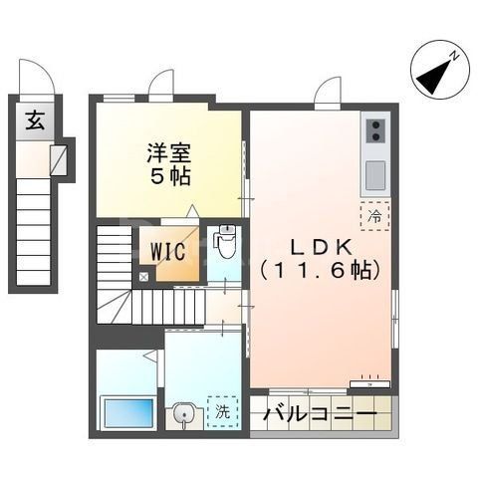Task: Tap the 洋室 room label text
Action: click(169, 154)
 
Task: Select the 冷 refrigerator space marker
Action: click(375, 213)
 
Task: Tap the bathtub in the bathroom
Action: click(127, 411)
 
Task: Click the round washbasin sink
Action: click(182, 412)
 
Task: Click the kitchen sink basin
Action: click(376, 173)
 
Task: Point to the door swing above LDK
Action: click(327, 93)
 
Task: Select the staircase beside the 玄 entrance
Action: click(35, 229)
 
